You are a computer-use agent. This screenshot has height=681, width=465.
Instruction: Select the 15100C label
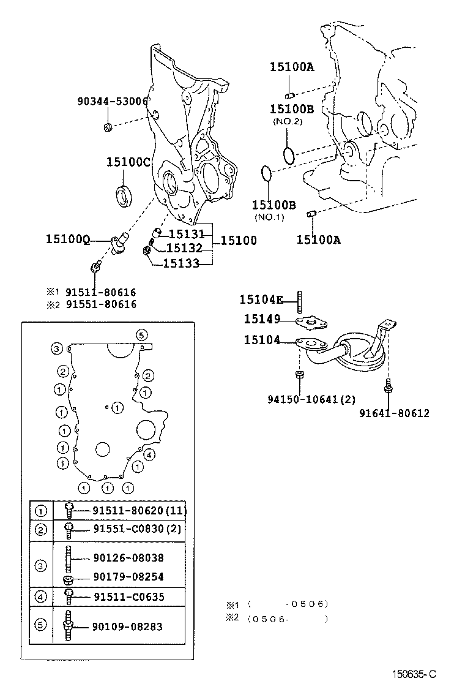[128, 162]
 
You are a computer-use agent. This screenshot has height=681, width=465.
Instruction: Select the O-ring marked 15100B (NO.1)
[265, 174]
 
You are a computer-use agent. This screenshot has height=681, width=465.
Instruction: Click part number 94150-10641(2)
[311, 399]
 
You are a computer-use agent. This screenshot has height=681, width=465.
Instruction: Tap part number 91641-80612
[395, 413]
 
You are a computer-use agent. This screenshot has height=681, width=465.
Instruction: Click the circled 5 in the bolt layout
[141, 334]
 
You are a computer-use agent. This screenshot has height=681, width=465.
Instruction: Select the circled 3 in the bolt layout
[56, 348]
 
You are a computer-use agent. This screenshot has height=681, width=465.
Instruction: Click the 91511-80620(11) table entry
[139, 510]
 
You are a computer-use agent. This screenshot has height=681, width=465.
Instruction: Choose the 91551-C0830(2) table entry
[137, 529]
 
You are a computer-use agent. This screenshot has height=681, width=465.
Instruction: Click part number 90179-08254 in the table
[128, 577]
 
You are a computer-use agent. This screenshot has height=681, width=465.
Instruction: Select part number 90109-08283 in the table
[128, 626]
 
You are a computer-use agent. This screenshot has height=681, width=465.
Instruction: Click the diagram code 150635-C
[415, 674]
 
